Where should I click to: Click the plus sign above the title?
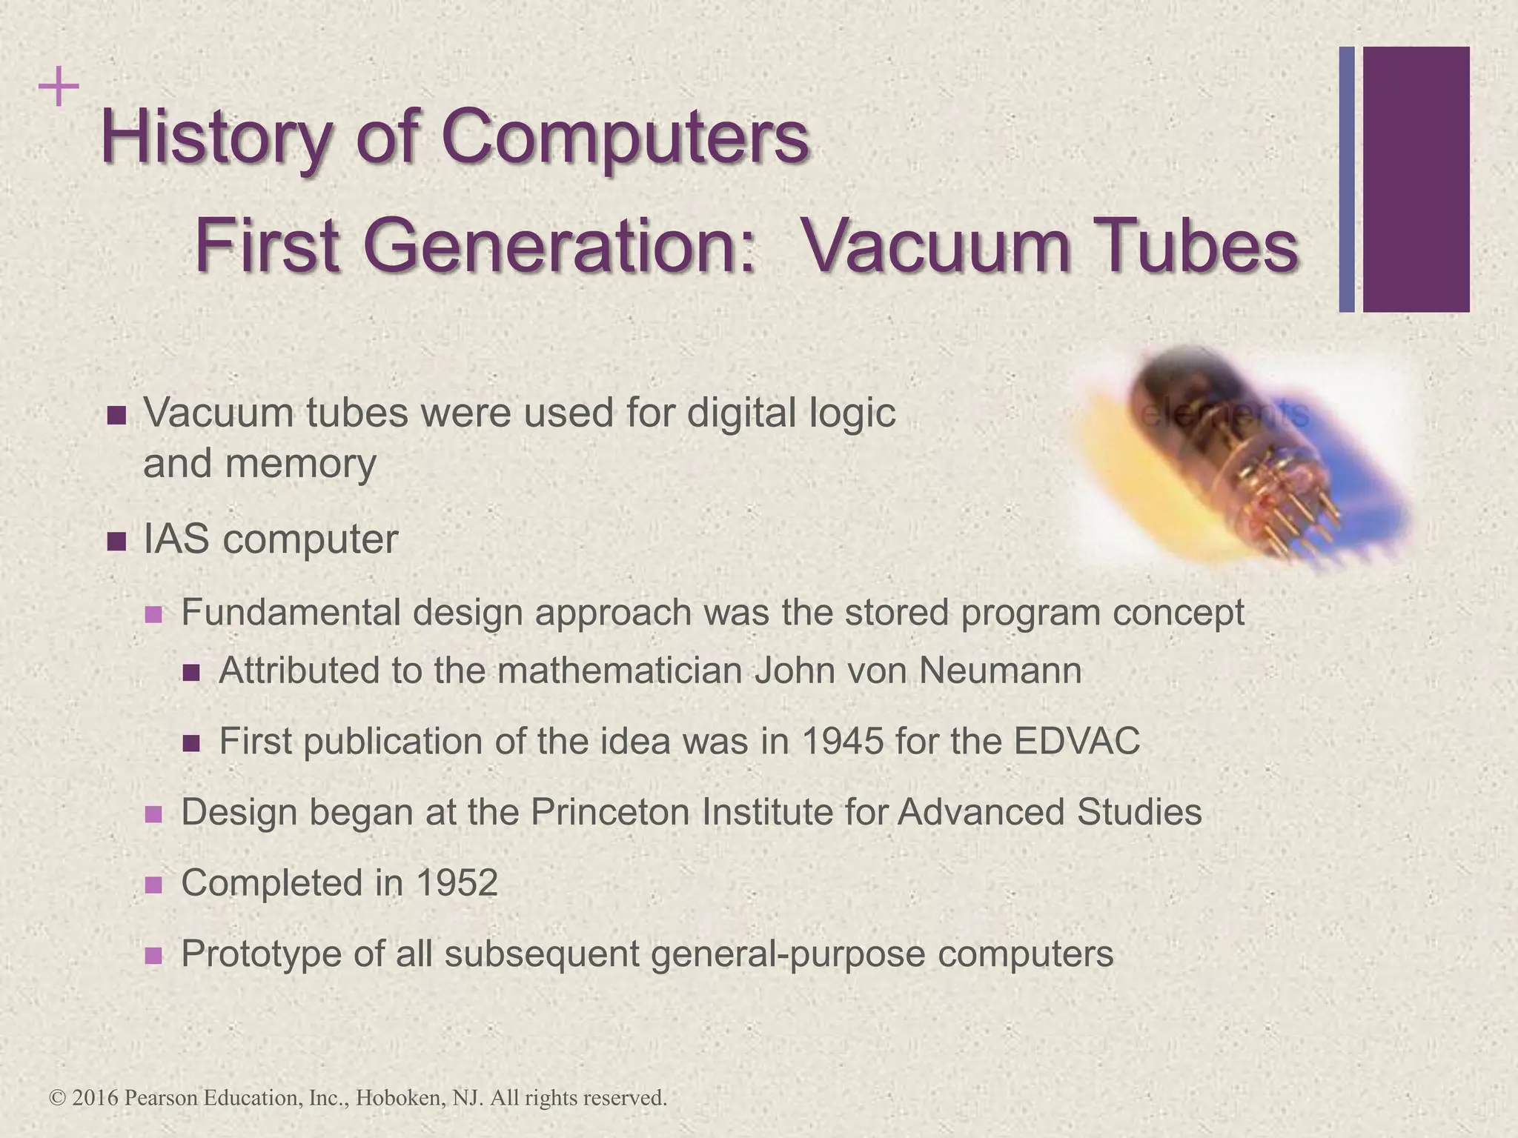pyautogui.click(x=59, y=88)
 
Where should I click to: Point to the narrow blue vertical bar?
pyautogui.click(x=1346, y=179)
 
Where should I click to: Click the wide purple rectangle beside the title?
pyautogui.click(x=1416, y=179)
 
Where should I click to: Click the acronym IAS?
pyautogui.click(x=176, y=539)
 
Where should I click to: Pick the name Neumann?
pyautogui.click(x=1000, y=671)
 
